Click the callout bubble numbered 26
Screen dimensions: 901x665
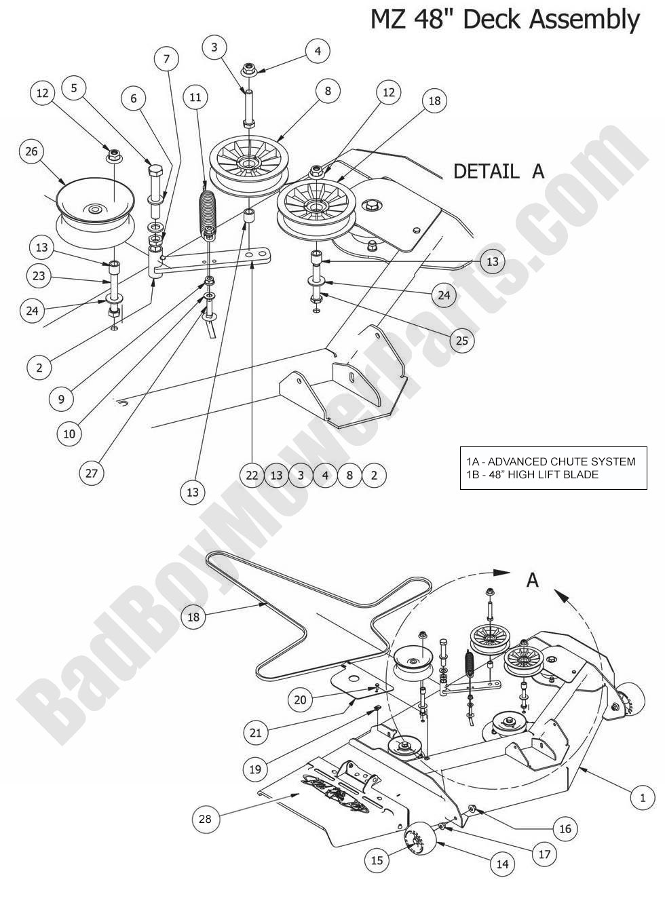31,151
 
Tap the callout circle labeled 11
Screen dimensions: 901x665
195,98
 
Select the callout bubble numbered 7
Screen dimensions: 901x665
166,59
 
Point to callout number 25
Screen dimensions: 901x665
461,340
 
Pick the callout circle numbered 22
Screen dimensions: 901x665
252,476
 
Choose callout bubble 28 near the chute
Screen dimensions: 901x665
205,818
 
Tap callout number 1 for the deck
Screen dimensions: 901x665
643,798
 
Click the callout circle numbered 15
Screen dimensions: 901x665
377,860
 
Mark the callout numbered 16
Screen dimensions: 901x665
565,828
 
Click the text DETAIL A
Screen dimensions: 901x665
499,171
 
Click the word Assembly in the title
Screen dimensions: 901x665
584,19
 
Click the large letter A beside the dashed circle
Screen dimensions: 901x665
533,580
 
